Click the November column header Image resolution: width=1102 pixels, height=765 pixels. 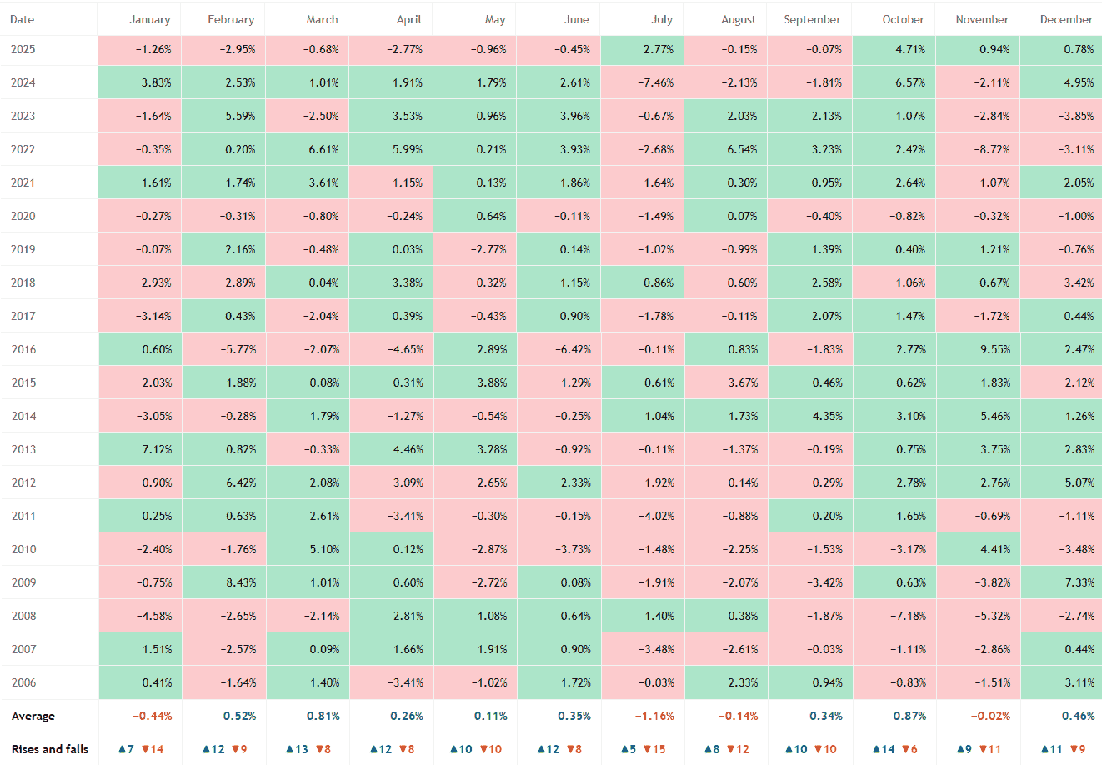pyautogui.click(x=982, y=19)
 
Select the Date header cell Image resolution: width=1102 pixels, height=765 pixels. pyautogui.click(x=23, y=19)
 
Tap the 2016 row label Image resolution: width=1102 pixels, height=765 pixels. pyautogui.click(x=23, y=349)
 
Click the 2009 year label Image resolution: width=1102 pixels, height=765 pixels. pyautogui.click(x=23, y=582)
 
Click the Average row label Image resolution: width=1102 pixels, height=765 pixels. pyautogui.click(x=33, y=716)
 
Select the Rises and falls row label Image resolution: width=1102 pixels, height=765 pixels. pyautogui.click(x=50, y=749)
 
